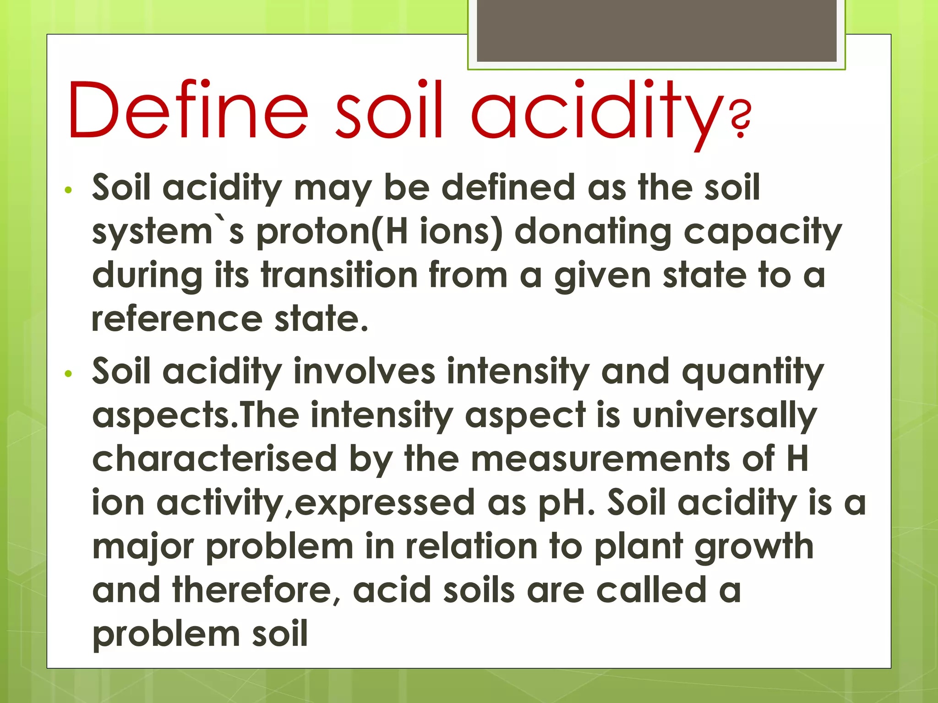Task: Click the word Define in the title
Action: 188,110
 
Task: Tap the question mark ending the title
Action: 740,120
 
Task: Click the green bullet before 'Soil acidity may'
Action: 69,190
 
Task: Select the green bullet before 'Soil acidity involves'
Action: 69,374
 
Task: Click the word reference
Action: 177,319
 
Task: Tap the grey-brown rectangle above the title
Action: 656,30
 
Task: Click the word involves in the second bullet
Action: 364,371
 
